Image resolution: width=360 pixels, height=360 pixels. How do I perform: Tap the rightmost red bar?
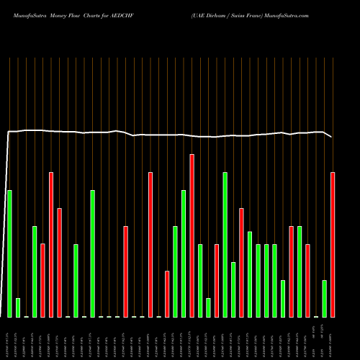coord(333,245)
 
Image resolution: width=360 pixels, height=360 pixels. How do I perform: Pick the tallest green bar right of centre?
coord(225,245)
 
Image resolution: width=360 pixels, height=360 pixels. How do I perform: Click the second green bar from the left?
coord(18,307)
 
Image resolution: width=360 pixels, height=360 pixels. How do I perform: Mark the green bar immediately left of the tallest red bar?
coord(184,253)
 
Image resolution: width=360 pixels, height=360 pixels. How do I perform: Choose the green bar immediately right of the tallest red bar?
coord(200,281)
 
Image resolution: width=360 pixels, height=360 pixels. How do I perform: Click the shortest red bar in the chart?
coord(167,294)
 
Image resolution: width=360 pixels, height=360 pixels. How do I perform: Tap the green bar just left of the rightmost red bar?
coord(325,299)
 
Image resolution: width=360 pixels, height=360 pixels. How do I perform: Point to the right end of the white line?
coord(332,137)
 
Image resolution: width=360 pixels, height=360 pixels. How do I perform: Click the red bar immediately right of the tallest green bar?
coord(242,263)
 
